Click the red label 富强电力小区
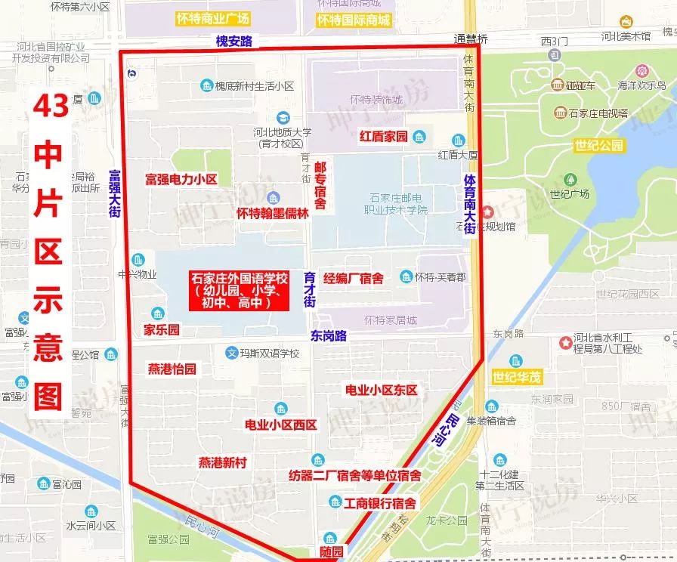[181, 180]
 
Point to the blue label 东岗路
[327, 335]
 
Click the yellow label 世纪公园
[598, 145]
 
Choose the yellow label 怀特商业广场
[213, 19]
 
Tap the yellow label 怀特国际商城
[354, 20]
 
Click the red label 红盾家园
[383, 137]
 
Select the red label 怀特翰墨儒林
[273, 213]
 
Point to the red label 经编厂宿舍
[354, 277]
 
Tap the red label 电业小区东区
[381, 390]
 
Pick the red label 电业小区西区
[280, 425]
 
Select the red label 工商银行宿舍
[379, 503]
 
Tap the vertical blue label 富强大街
[115, 195]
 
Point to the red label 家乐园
[162, 330]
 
